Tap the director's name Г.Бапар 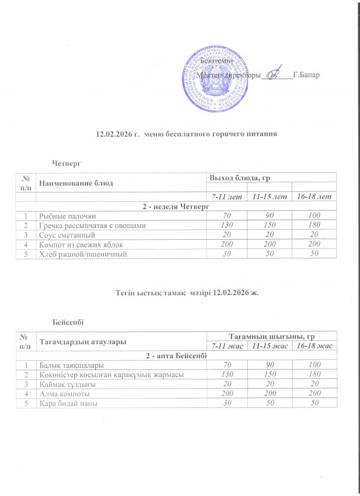tap(306, 75)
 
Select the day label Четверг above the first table tap(66, 162)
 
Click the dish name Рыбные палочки tap(68, 216)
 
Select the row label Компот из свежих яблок tap(81, 244)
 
